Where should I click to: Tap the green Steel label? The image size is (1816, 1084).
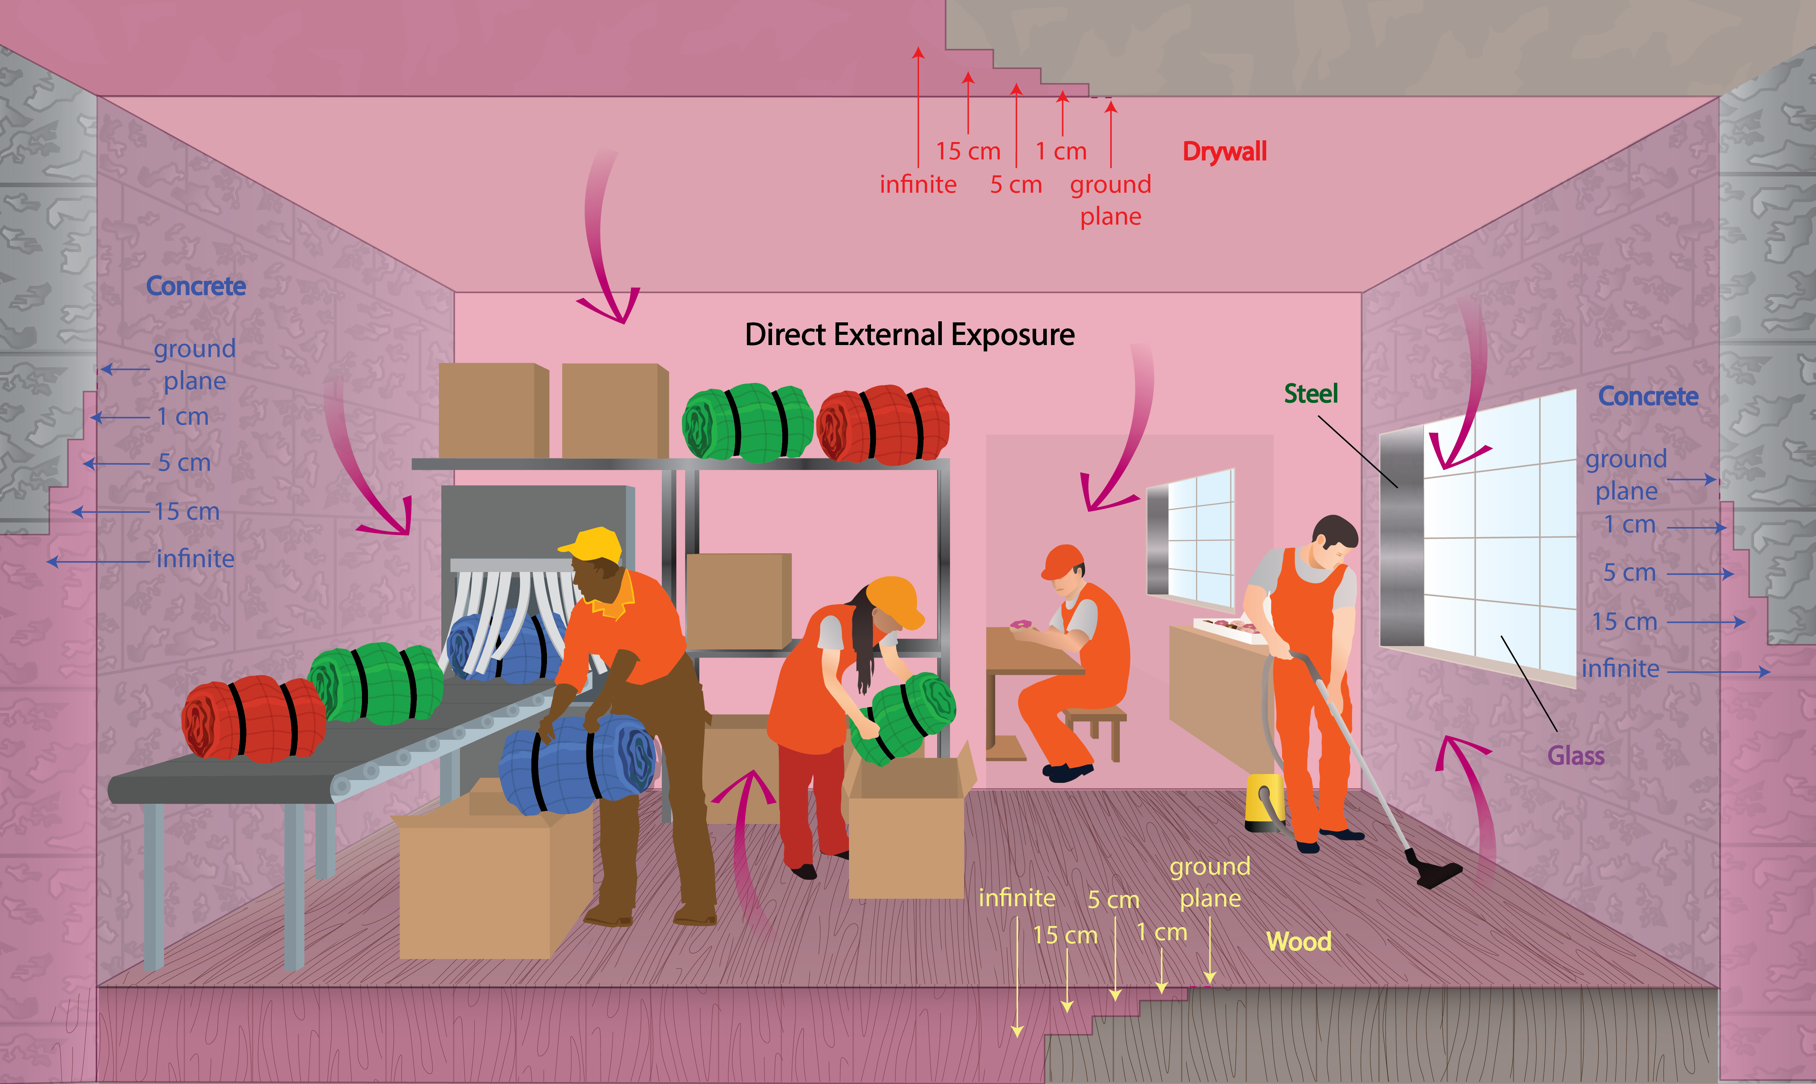click(x=1311, y=394)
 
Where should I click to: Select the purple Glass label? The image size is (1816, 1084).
click(x=1576, y=755)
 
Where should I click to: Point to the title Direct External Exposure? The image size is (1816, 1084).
click(x=909, y=334)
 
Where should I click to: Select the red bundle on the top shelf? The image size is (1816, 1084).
click(x=883, y=425)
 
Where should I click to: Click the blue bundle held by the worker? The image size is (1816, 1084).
click(x=577, y=763)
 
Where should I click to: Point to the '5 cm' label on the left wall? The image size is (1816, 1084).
click(x=184, y=462)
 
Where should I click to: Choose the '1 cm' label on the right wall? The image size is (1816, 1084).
click(x=1629, y=525)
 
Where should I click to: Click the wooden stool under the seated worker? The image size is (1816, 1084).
click(x=1096, y=727)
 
